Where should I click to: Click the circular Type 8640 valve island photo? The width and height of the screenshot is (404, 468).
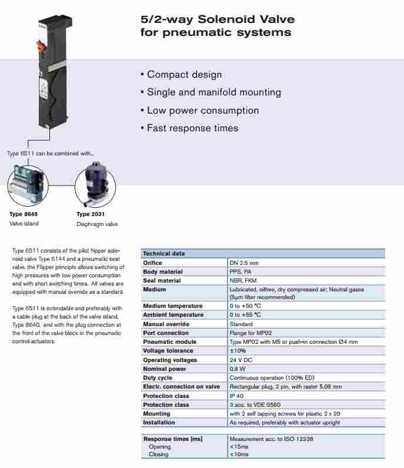26,183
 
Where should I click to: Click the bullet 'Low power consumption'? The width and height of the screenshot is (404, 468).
199,111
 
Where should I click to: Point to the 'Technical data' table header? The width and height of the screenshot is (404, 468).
164,254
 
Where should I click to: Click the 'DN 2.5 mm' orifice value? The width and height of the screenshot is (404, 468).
244,263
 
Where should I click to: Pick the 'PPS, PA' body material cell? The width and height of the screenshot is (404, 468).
241,272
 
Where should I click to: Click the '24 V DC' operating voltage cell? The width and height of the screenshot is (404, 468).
242,360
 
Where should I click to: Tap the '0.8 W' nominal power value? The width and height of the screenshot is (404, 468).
238,369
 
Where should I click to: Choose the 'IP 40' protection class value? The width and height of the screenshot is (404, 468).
237,396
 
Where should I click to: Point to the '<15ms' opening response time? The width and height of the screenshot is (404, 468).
239,446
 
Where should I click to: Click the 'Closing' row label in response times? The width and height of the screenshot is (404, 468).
159,454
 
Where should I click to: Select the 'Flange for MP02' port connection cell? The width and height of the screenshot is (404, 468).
251,333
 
